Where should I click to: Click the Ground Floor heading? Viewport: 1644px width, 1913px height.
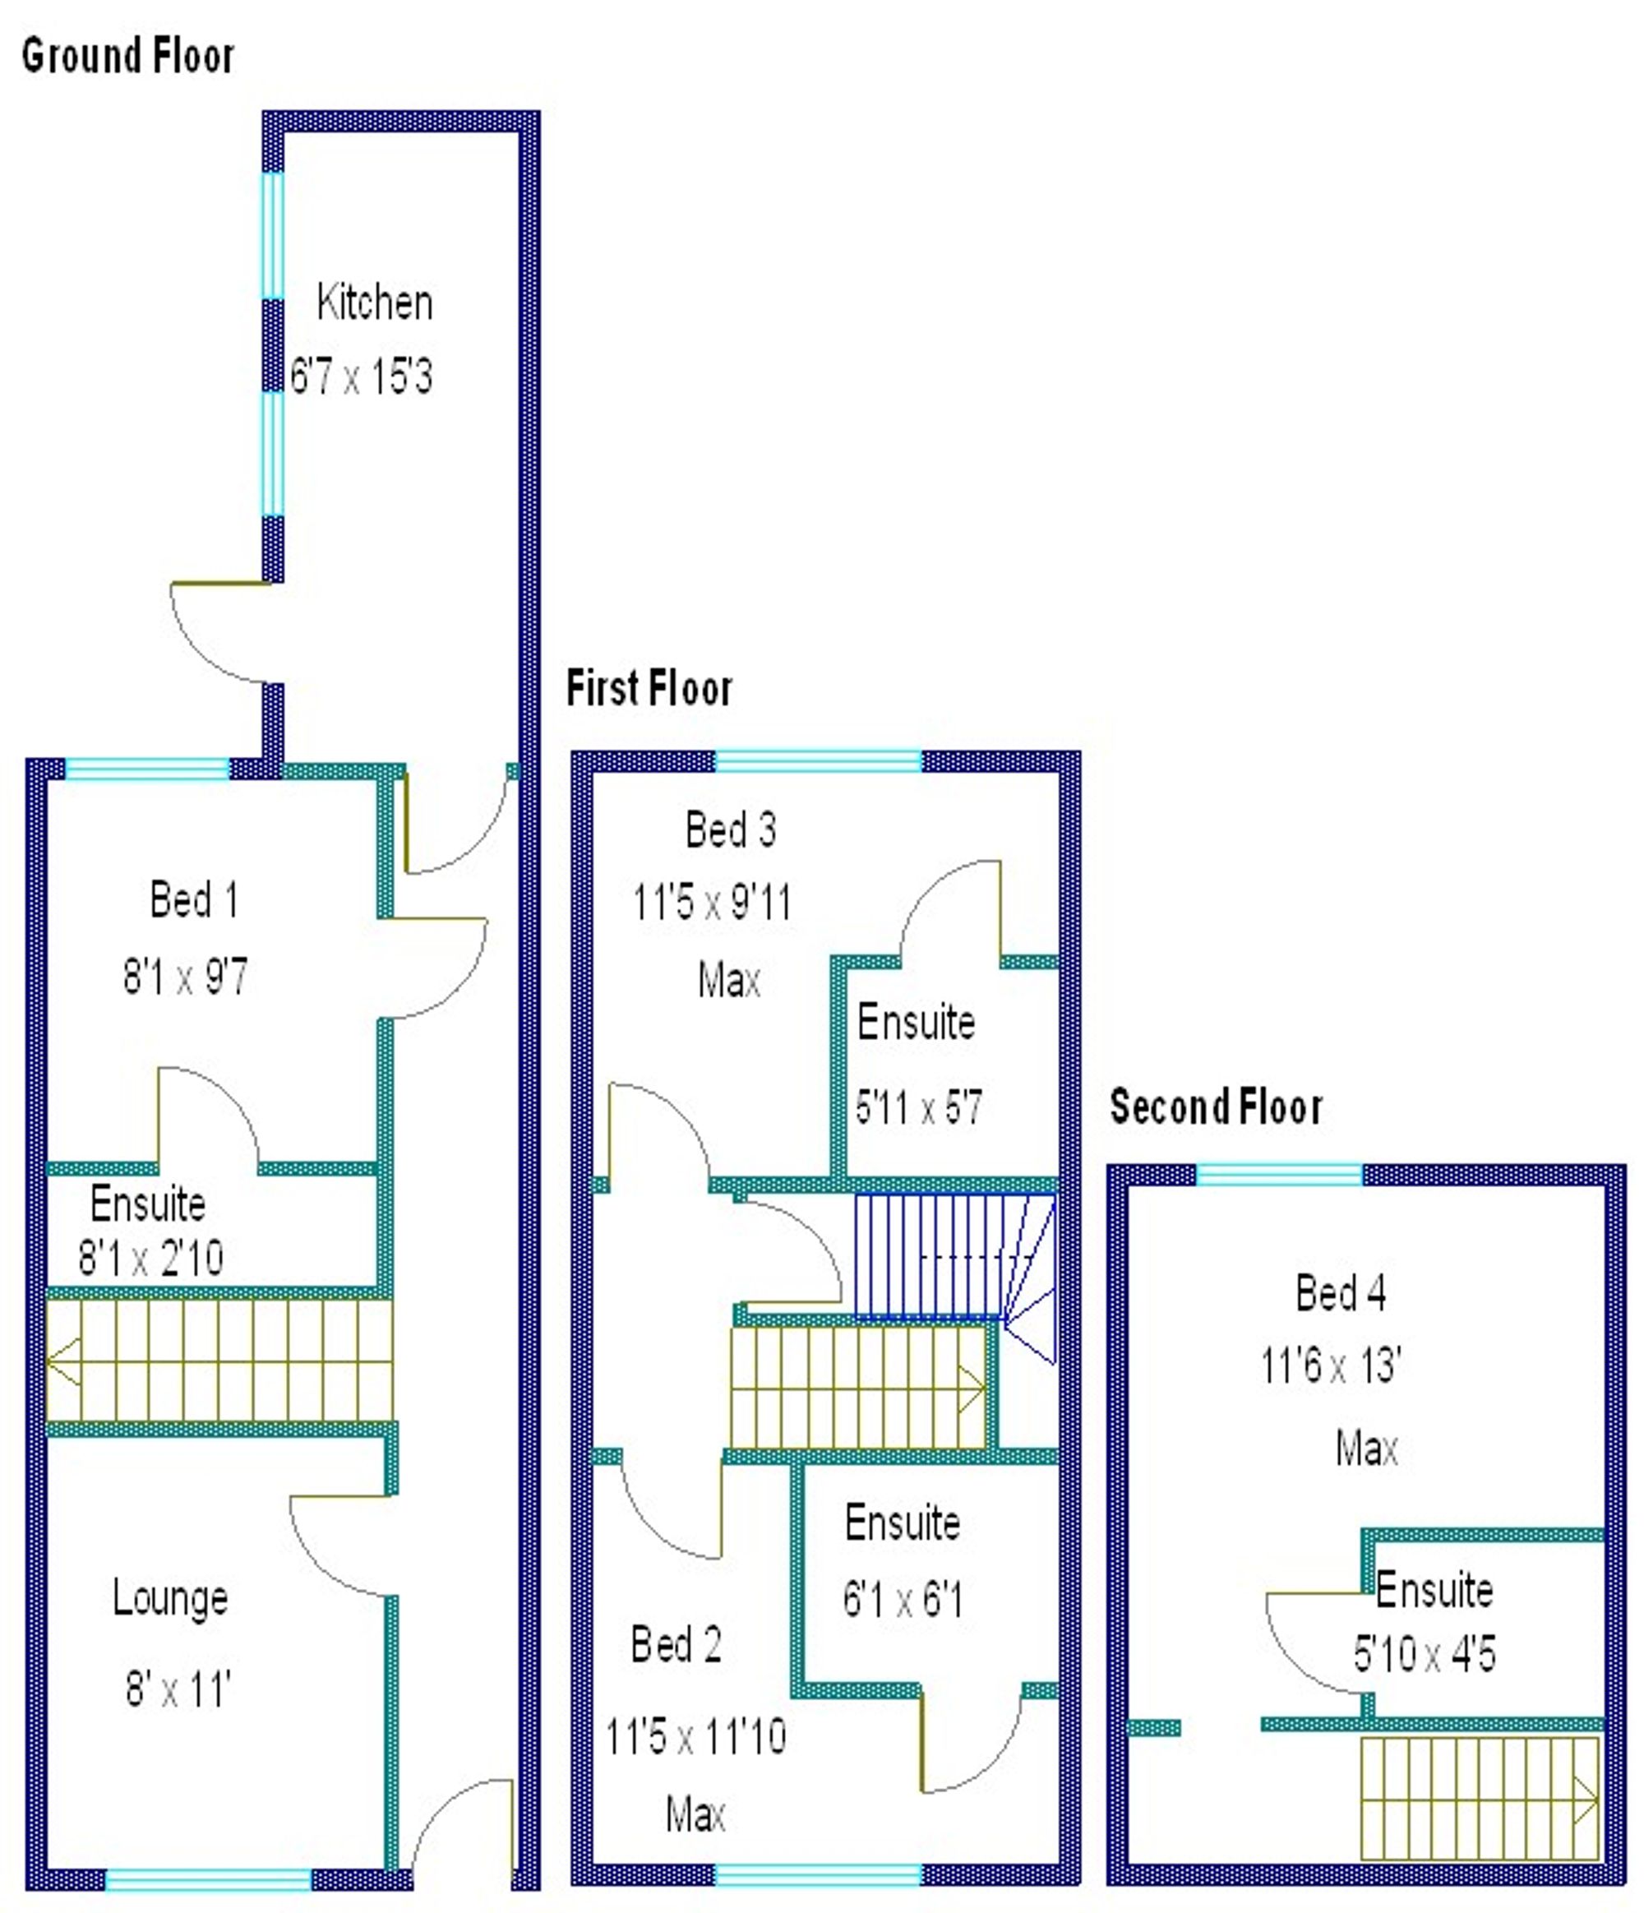click(x=127, y=57)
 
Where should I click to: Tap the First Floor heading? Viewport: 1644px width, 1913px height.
click(x=649, y=689)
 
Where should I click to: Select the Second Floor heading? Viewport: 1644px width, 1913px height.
click(x=1216, y=1107)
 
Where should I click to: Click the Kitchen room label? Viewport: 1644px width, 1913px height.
click(x=374, y=303)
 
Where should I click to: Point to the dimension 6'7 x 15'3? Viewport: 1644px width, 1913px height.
click(x=361, y=377)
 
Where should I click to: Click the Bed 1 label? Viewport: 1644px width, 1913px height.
click(x=194, y=899)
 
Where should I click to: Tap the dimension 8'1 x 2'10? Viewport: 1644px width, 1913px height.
click(x=150, y=1258)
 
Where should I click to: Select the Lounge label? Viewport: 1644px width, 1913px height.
click(x=171, y=1598)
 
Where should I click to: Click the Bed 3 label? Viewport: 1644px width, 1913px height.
click(x=730, y=829)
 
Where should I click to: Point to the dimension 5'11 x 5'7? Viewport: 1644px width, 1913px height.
click(x=918, y=1107)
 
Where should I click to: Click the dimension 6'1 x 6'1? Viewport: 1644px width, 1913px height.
click(x=902, y=1599)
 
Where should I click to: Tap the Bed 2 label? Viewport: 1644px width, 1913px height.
click(x=676, y=1644)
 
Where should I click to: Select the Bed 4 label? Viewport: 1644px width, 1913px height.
click(x=1341, y=1292)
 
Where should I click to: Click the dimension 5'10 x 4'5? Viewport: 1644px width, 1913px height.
click(x=1424, y=1653)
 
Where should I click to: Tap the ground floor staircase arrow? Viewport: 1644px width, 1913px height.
click(x=62, y=1361)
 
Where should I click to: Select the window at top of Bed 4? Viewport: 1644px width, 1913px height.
click(x=1278, y=1175)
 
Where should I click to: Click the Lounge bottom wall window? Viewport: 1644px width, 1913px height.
click(x=209, y=1880)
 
